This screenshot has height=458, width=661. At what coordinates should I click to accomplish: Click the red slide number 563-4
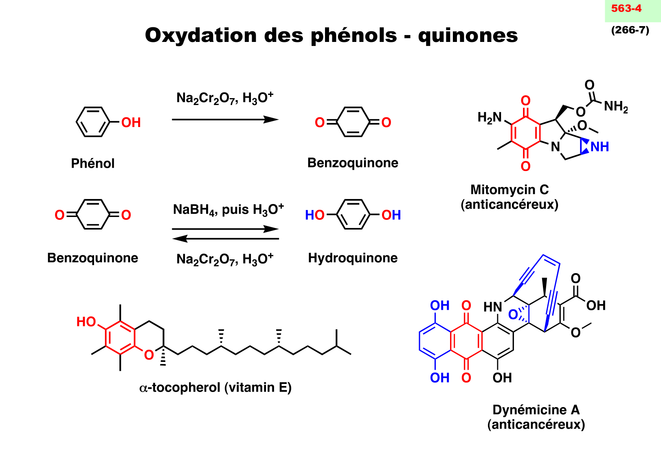(626, 9)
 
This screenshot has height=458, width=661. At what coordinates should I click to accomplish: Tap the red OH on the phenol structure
(131, 123)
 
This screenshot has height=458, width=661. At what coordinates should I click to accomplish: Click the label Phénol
(93, 164)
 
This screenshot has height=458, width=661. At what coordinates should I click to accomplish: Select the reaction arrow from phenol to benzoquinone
(225, 120)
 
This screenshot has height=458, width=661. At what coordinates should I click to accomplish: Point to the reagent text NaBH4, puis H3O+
(228, 210)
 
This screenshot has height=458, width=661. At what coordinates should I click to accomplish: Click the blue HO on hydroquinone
(314, 215)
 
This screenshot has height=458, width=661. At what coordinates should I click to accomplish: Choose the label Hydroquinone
(353, 258)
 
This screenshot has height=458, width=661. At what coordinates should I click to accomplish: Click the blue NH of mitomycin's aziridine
(600, 147)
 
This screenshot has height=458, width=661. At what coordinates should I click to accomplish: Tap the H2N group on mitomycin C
(489, 118)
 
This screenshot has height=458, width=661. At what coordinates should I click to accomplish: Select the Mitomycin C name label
(509, 190)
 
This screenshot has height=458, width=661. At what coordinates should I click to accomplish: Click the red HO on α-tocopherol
(86, 322)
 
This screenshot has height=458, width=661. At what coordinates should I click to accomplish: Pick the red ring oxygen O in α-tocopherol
(149, 355)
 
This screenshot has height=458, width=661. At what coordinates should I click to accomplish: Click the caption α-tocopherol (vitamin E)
(215, 388)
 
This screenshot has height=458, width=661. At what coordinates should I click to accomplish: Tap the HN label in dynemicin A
(492, 307)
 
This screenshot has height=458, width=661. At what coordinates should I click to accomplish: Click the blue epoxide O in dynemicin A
(513, 314)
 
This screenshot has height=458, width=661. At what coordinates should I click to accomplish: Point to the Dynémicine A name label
(536, 410)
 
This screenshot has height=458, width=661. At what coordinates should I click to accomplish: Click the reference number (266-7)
(630, 30)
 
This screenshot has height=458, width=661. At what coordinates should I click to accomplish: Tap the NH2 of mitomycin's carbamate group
(615, 107)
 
